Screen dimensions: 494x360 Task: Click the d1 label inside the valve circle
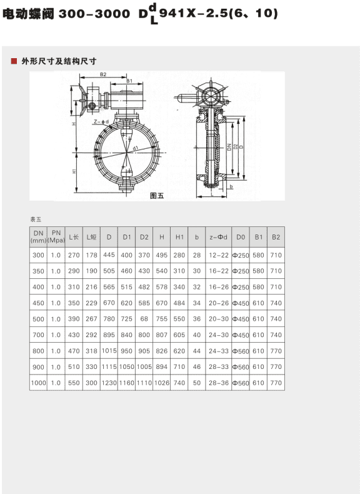pyautogui.click(x=135, y=148)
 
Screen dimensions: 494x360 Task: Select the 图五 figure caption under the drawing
pyautogui.click(x=157, y=195)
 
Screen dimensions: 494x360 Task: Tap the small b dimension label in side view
pyautogui.click(x=231, y=187)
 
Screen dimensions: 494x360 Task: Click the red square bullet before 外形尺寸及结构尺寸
pyautogui.click(x=13, y=61)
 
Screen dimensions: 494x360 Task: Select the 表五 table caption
pyautogui.click(x=36, y=219)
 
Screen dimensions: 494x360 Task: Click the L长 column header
pyautogui.click(x=74, y=237)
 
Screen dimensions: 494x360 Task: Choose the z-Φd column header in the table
pyautogui.click(x=219, y=237)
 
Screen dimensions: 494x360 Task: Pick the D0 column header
pyautogui.click(x=241, y=237)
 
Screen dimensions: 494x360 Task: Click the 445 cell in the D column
pyautogui.click(x=109, y=255)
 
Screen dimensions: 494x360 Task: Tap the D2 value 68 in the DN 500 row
pyautogui.click(x=144, y=318)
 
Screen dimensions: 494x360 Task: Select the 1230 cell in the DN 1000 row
pyautogui.click(x=109, y=382)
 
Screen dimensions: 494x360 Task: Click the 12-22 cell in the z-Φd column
pyautogui.click(x=219, y=255)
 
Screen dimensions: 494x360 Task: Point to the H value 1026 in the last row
pyautogui.click(x=162, y=382)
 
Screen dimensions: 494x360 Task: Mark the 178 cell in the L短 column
pyautogui.click(x=91, y=255)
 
